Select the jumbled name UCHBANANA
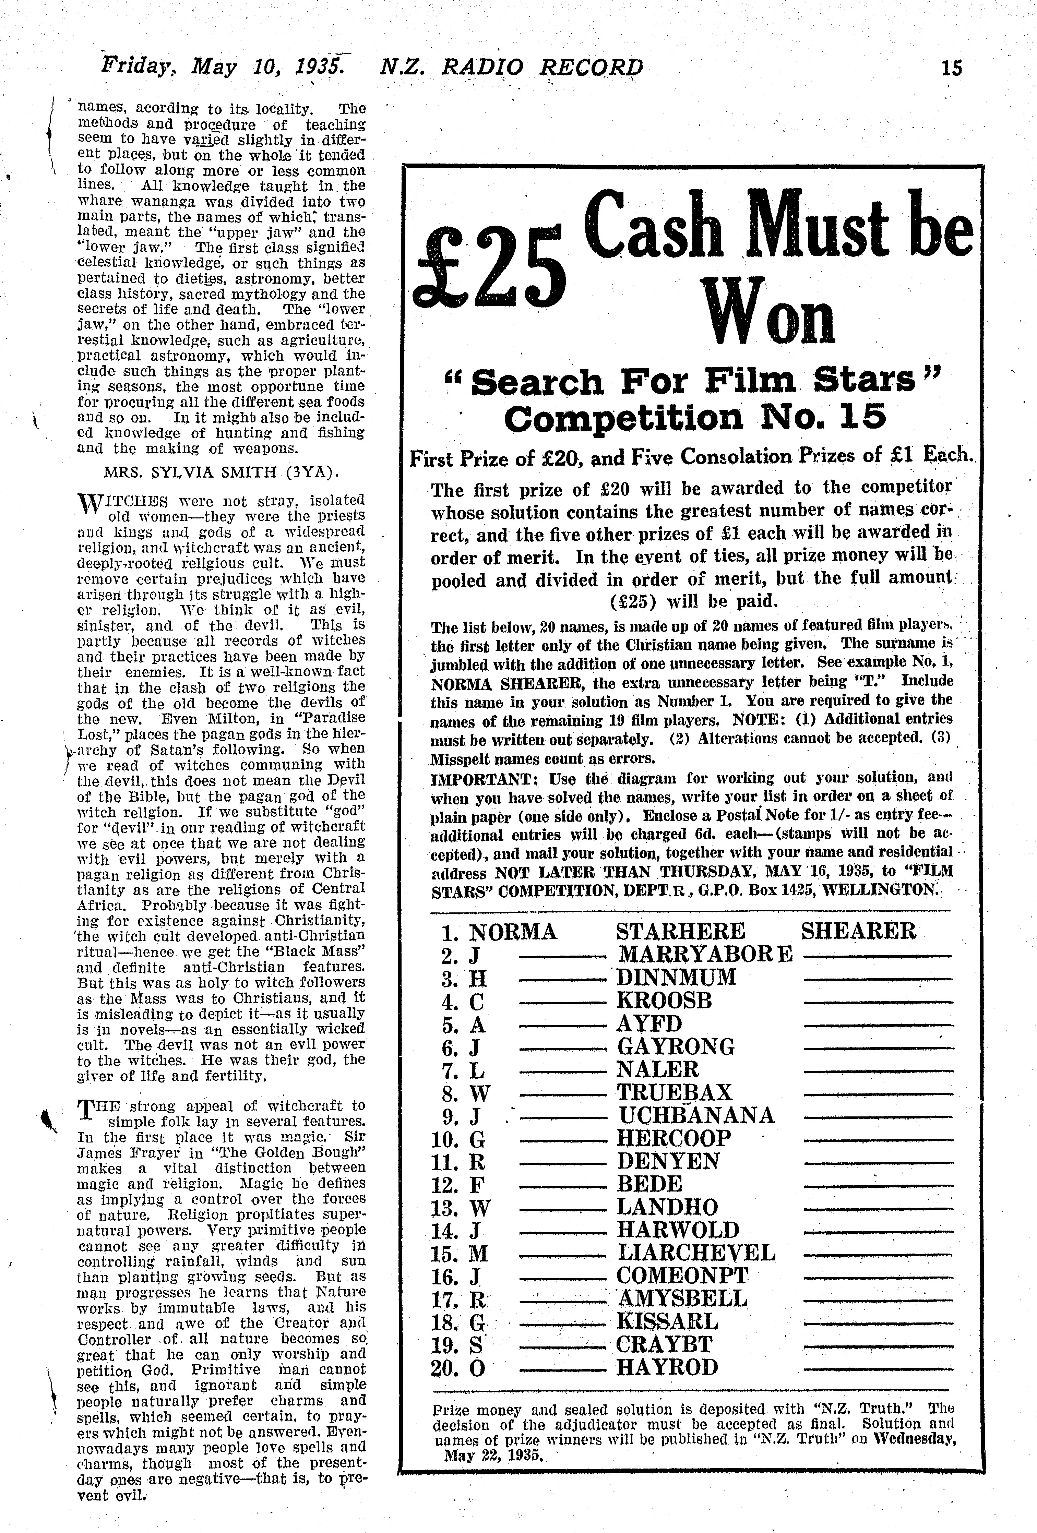click(x=695, y=1115)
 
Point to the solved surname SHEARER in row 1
click(x=858, y=931)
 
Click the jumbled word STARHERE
click(x=680, y=931)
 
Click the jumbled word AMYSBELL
click(x=682, y=1298)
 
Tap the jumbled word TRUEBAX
click(x=665, y=1092)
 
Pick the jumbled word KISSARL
click(x=667, y=1321)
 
